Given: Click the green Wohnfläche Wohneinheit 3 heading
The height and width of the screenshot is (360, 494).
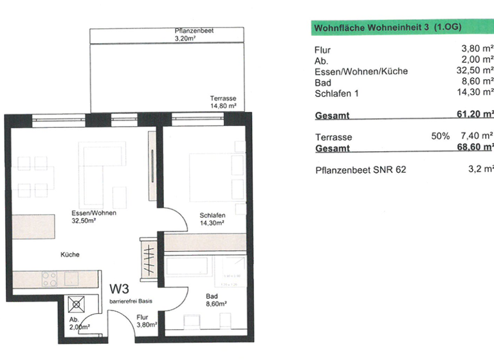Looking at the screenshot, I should tap(386, 28).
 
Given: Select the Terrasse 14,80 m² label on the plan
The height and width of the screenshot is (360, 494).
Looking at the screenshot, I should tap(223, 102).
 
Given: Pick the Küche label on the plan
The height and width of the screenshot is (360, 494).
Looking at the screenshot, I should tap(70, 255).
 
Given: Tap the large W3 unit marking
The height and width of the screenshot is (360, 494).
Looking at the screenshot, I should tap(124, 290).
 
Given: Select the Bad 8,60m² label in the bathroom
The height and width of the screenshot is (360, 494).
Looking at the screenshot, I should tap(215, 300).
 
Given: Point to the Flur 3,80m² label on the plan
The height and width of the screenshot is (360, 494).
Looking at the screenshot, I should tap(145, 321).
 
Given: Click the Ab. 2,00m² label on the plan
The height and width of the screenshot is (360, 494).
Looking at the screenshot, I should tap(78, 323).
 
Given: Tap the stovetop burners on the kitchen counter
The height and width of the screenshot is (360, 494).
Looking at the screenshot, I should tap(49, 278).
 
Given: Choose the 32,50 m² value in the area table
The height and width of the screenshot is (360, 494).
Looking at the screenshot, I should tap(477, 71).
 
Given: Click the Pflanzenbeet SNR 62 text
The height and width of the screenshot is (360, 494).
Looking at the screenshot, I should tap(361, 170).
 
